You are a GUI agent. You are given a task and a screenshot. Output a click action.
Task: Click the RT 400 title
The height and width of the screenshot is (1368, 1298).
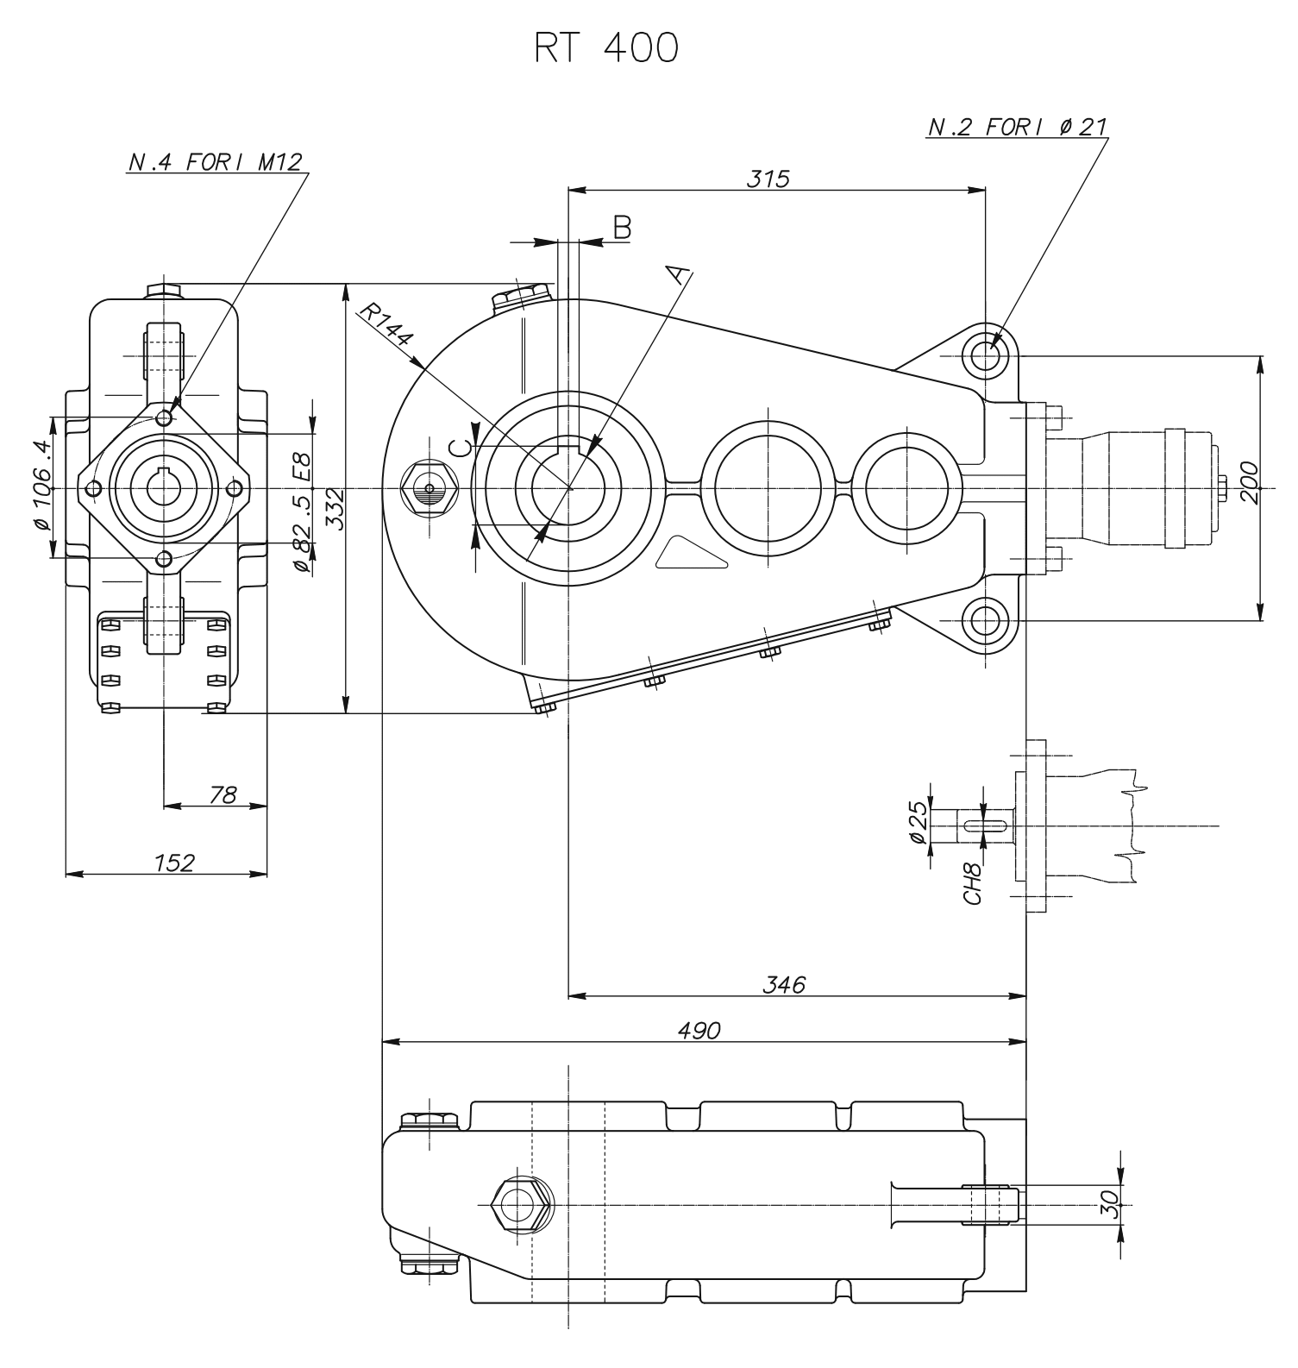(x=605, y=49)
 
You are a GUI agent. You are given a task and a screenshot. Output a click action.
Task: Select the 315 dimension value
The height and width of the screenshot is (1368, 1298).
(x=768, y=179)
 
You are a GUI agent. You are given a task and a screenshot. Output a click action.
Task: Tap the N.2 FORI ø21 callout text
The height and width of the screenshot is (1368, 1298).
(x=1018, y=128)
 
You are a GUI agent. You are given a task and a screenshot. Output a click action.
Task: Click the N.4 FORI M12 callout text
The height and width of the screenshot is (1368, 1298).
(x=216, y=162)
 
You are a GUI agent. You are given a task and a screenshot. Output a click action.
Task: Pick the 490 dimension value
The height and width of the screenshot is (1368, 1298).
(x=699, y=1030)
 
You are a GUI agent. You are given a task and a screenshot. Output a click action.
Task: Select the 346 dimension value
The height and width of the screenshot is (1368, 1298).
(x=785, y=984)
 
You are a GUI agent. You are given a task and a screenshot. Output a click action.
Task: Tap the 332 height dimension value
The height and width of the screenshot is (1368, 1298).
(x=335, y=510)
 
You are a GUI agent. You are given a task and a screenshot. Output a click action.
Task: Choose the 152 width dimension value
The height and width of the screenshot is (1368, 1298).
(x=174, y=862)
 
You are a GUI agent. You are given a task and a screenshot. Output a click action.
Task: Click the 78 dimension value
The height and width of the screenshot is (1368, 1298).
(x=223, y=794)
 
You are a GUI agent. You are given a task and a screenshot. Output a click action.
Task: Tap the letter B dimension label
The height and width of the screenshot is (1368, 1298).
(x=623, y=228)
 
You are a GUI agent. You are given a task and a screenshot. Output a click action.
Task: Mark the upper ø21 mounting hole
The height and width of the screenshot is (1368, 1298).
(x=985, y=355)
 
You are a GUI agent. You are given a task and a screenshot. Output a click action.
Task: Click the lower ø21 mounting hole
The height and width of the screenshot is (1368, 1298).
(x=985, y=620)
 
